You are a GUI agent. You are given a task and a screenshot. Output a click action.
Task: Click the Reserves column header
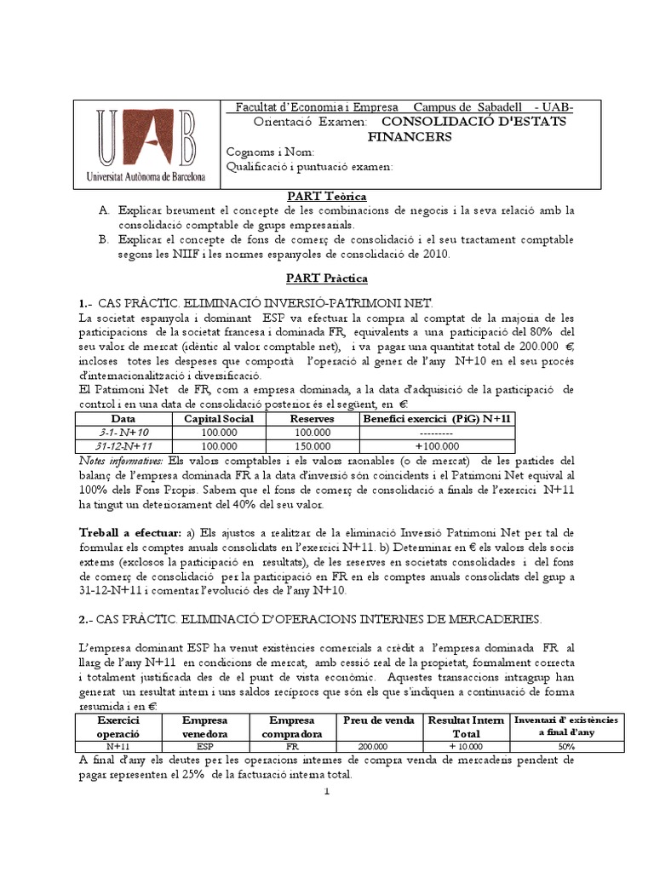(312, 419)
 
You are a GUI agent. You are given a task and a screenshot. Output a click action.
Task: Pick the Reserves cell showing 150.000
(312, 446)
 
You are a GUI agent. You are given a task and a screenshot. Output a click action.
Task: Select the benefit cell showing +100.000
(437, 446)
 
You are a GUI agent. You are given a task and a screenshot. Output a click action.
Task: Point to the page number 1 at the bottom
(326, 793)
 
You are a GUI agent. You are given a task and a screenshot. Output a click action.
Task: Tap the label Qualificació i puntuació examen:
(309, 167)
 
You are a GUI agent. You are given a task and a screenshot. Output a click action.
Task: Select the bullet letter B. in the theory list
(103, 239)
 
